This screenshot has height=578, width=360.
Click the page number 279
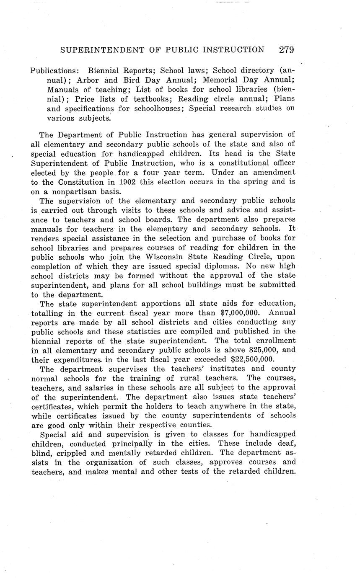point(286,50)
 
